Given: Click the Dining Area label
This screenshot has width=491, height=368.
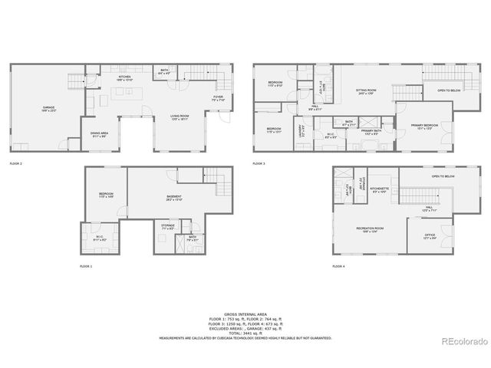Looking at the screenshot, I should pyautogui.click(x=98, y=134).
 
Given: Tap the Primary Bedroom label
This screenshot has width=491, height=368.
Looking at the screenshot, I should pyautogui.click(x=424, y=127).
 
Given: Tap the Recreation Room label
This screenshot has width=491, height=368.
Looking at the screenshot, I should pyautogui.click(x=369, y=228).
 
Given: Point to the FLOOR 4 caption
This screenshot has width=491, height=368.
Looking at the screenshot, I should pyautogui.click(x=338, y=266).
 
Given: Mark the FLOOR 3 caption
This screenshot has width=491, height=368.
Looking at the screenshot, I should pyautogui.click(x=259, y=163).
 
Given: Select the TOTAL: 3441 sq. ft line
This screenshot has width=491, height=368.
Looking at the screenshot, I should pyautogui.click(x=245, y=333).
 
